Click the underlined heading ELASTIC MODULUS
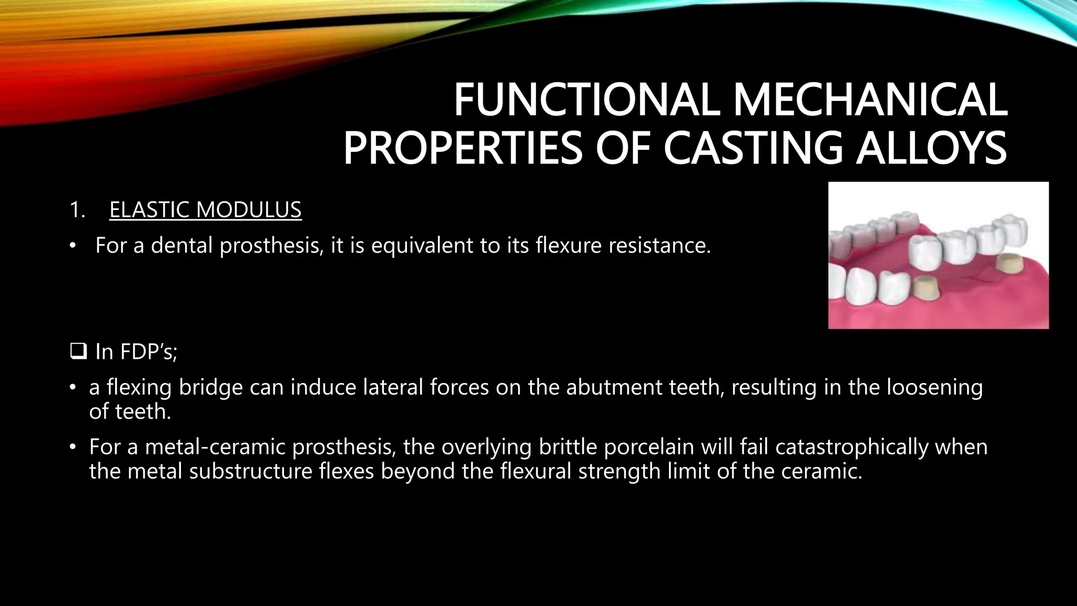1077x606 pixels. [x=205, y=210]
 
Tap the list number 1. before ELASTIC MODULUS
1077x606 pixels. [x=77, y=210]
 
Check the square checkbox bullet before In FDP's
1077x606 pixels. [x=78, y=351]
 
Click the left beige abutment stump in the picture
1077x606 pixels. [x=928, y=291]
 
